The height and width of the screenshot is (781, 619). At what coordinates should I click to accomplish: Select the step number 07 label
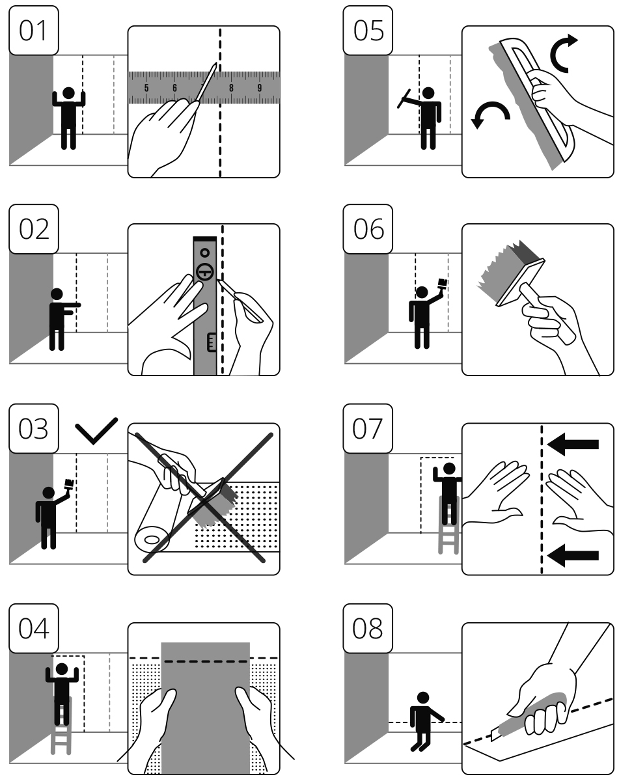[x=369, y=429]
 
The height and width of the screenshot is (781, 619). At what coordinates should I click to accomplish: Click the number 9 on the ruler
[x=260, y=89]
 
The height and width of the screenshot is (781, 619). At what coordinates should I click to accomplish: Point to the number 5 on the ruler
[x=146, y=89]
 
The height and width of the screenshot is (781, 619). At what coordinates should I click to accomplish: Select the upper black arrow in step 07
[x=573, y=445]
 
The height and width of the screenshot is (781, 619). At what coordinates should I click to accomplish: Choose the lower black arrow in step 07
[x=573, y=555]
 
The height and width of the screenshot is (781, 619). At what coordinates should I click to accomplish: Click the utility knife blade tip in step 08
[x=493, y=737]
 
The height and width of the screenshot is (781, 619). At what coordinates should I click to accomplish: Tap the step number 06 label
[x=369, y=229]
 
